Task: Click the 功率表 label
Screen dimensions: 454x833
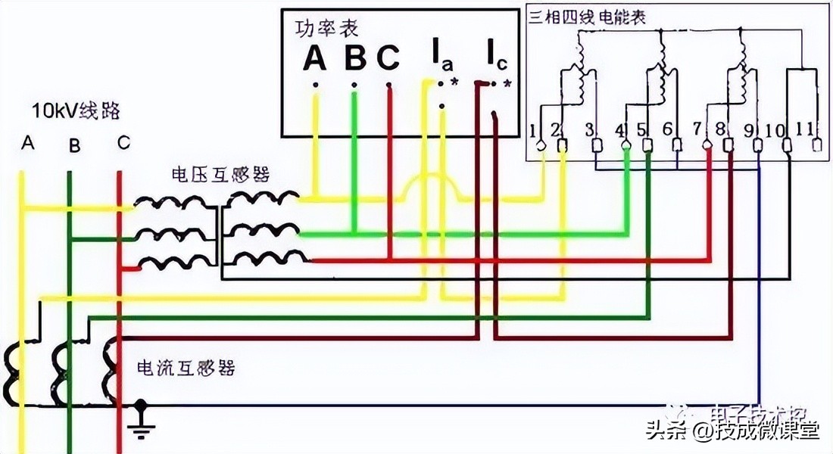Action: click(x=326, y=28)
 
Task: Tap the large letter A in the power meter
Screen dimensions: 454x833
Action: click(x=314, y=58)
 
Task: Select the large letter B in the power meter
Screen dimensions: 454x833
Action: click(x=354, y=58)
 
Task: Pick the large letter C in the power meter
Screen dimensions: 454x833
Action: click(x=388, y=58)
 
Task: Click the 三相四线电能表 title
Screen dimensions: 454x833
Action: click(x=587, y=17)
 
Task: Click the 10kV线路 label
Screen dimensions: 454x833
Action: click(x=76, y=112)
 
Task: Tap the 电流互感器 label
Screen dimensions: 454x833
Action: click(x=186, y=368)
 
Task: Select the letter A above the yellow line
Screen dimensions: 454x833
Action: click(x=28, y=142)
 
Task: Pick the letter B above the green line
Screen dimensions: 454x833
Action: click(x=73, y=145)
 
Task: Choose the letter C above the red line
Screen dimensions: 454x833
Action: click(x=123, y=142)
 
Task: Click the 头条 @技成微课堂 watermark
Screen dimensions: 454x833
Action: click(x=732, y=431)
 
